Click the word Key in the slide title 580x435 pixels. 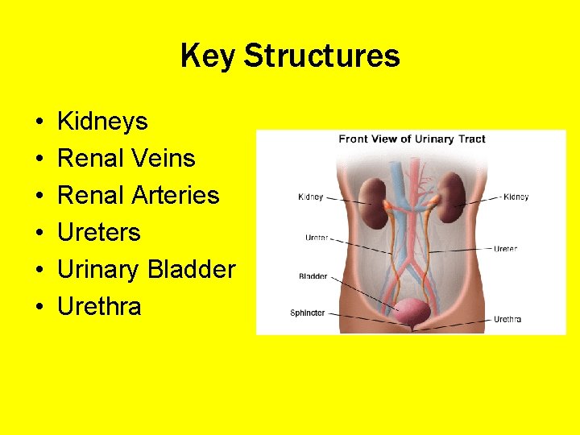coord(208,56)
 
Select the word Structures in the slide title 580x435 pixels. coord(321,56)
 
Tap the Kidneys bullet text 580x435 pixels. coord(102,122)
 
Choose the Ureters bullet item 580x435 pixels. coord(99,232)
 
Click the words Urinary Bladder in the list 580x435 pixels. coord(146,269)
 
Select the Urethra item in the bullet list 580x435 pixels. coord(99,306)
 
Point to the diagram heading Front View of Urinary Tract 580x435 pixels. coord(412,139)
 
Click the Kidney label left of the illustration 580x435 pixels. coord(311,197)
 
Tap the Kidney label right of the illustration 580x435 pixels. coord(516,197)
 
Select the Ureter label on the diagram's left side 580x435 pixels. coord(316,238)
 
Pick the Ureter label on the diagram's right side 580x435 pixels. coord(505,249)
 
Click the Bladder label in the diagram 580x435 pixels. coord(313,276)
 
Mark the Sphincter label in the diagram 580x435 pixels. coord(308,313)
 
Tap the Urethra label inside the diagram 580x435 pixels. coord(507,319)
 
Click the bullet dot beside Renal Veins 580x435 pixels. coord(39,159)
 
